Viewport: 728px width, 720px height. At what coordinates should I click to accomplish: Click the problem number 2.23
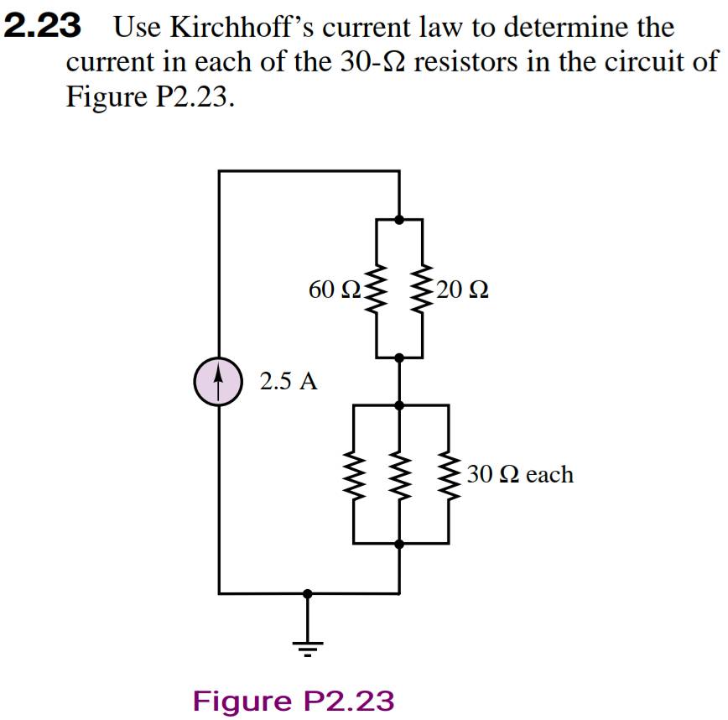(x=43, y=27)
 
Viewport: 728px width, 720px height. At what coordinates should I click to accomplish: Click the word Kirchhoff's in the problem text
(x=242, y=28)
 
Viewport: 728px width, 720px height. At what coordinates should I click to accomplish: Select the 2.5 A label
(x=289, y=382)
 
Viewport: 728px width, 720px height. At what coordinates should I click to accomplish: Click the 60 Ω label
(x=335, y=290)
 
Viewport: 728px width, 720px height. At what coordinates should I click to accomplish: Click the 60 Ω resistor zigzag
(x=377, y=289)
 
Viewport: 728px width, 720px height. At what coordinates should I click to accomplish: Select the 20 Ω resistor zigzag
(x=421, y=289)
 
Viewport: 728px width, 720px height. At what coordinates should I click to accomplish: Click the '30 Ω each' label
(x=520, y=474)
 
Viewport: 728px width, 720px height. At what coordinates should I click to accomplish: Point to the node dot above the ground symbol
(x=308, y=593)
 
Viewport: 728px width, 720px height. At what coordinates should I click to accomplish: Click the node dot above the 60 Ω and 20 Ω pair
(x=399, y=220)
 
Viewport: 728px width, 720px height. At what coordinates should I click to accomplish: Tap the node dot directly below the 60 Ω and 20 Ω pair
(x=399, y=357)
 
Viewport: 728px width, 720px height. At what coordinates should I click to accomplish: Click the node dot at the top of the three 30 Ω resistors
(x=399, y=405)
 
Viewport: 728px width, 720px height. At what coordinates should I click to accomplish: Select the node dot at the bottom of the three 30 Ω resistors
(x=399, y=544)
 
